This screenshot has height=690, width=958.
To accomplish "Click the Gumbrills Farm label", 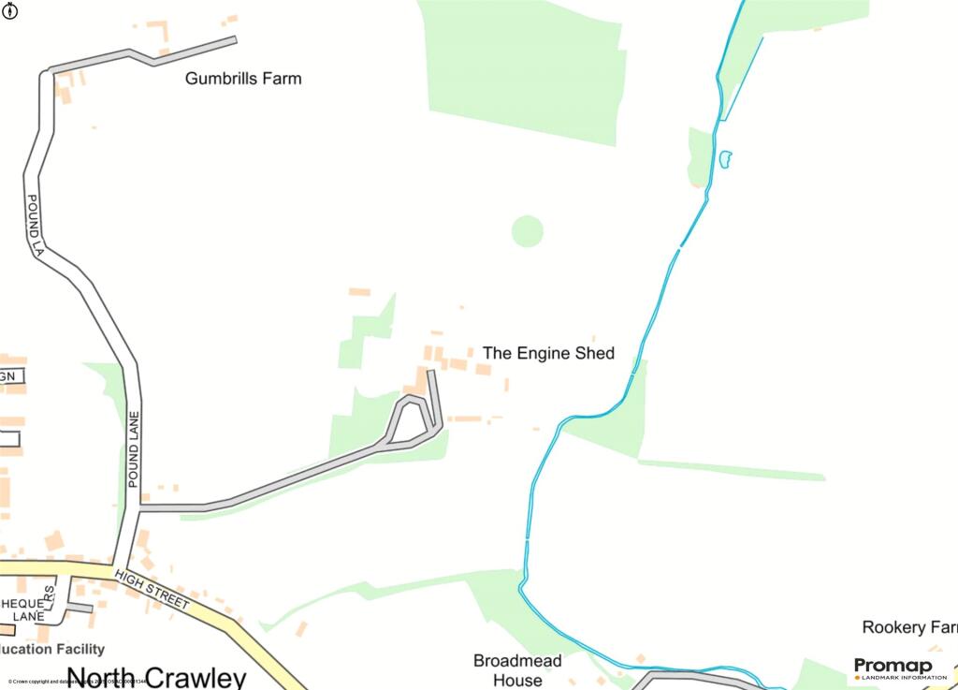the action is pyautogui.click(x=243, y=79).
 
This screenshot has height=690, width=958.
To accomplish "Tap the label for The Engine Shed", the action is pyautogui.click(x=548, y=353).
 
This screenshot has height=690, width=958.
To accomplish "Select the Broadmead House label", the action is pyautogui.click(x=517, y=670).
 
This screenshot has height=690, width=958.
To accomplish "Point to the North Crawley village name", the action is pyautogui.click(x=157, y=678).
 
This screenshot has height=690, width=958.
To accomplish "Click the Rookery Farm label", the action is pyautogui.click(x=908, y=627).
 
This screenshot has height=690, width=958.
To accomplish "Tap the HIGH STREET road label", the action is pyautogui.click(x=151, y=589).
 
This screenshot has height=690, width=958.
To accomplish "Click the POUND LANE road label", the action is pyautogui.click(x=133, y=448).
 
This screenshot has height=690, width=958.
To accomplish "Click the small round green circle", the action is pyautogui.click(x=528, y=230).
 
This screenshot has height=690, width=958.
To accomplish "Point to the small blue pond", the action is pyautogui.click(x=724, y=159).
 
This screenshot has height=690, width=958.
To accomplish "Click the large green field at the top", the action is pyautogui.click(x=524, y=66).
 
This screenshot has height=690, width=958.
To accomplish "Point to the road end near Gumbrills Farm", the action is pyautogui.click(x=234, y=39).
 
